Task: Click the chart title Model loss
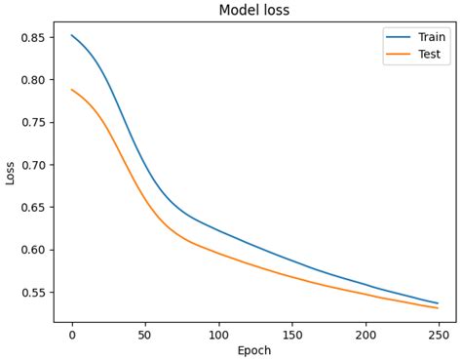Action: pyautogui.click(x=253, y=11)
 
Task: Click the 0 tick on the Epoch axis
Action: pyautogui.click(x=72, y=335)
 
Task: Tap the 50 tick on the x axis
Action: pyautogui.click(x=145, y=335)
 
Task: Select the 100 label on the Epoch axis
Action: pyautogui.click(x=218, y=335)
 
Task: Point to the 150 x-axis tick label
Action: pyautogui.click(x=291, y=335)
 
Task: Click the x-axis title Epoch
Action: pyautogui.click(x=254, y=350)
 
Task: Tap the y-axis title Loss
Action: pyautogui.click(x=11, y=173)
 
